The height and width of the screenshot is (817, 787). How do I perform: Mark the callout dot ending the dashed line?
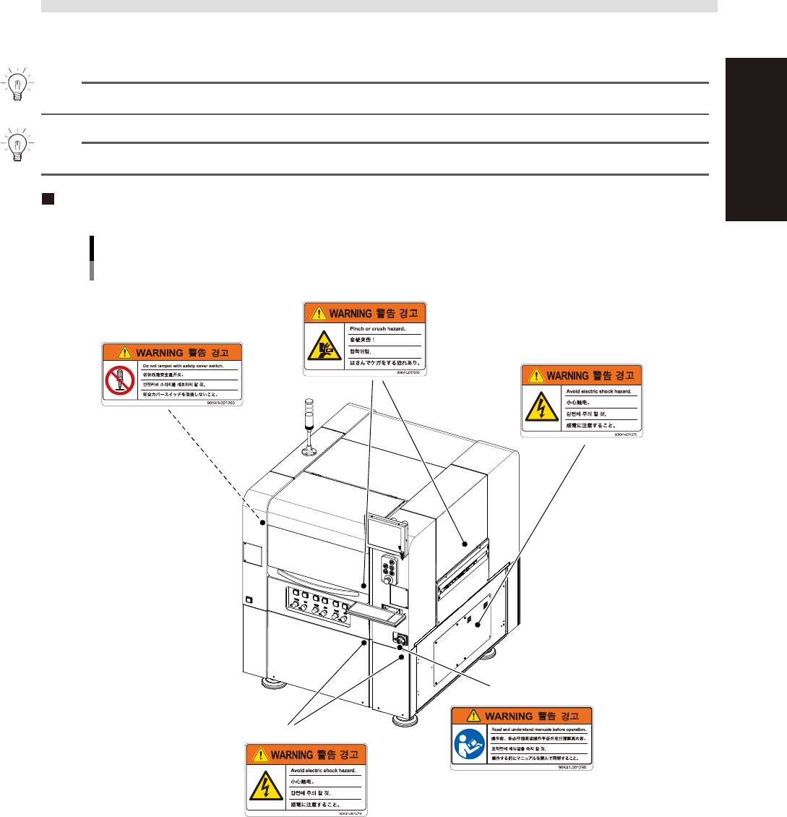pos(263,521)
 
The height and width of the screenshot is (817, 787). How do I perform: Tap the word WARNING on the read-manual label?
pos(510,716)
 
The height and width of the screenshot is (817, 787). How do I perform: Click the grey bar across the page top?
pos(379,6)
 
